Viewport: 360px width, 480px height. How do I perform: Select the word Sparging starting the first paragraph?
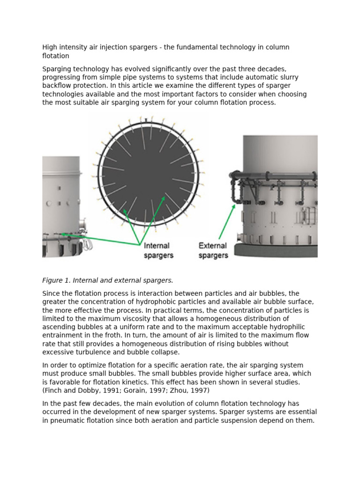tap(57, 69)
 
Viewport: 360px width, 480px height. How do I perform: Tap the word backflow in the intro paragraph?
tap(58, 86)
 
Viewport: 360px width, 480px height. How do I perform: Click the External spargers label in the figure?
tap(213, 250)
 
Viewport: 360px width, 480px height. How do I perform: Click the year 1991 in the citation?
tap(105, 390)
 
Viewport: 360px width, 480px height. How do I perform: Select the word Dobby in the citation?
tap(82, 390)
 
